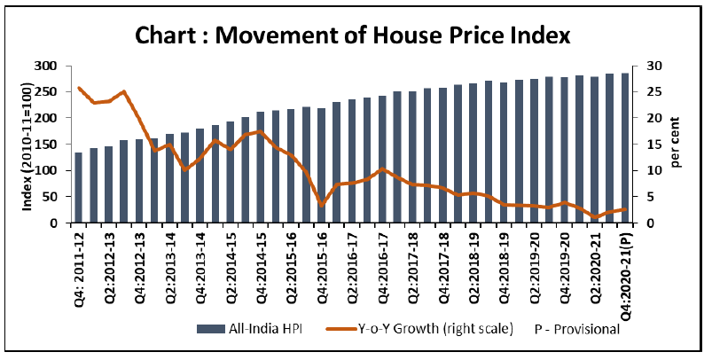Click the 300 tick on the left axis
point(45,66)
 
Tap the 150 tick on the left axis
point(45,144)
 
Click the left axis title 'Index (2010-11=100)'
point(27,144)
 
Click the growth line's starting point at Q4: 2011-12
point(79,88)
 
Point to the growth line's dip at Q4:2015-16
point(322,205)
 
